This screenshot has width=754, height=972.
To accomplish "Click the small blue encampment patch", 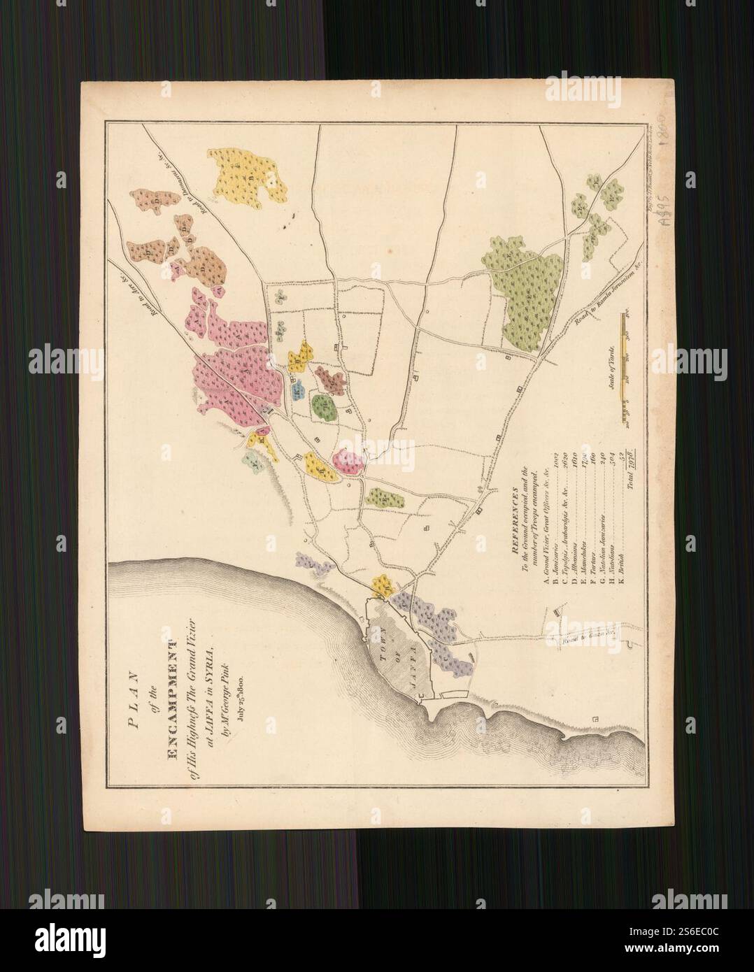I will click(297, 389).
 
